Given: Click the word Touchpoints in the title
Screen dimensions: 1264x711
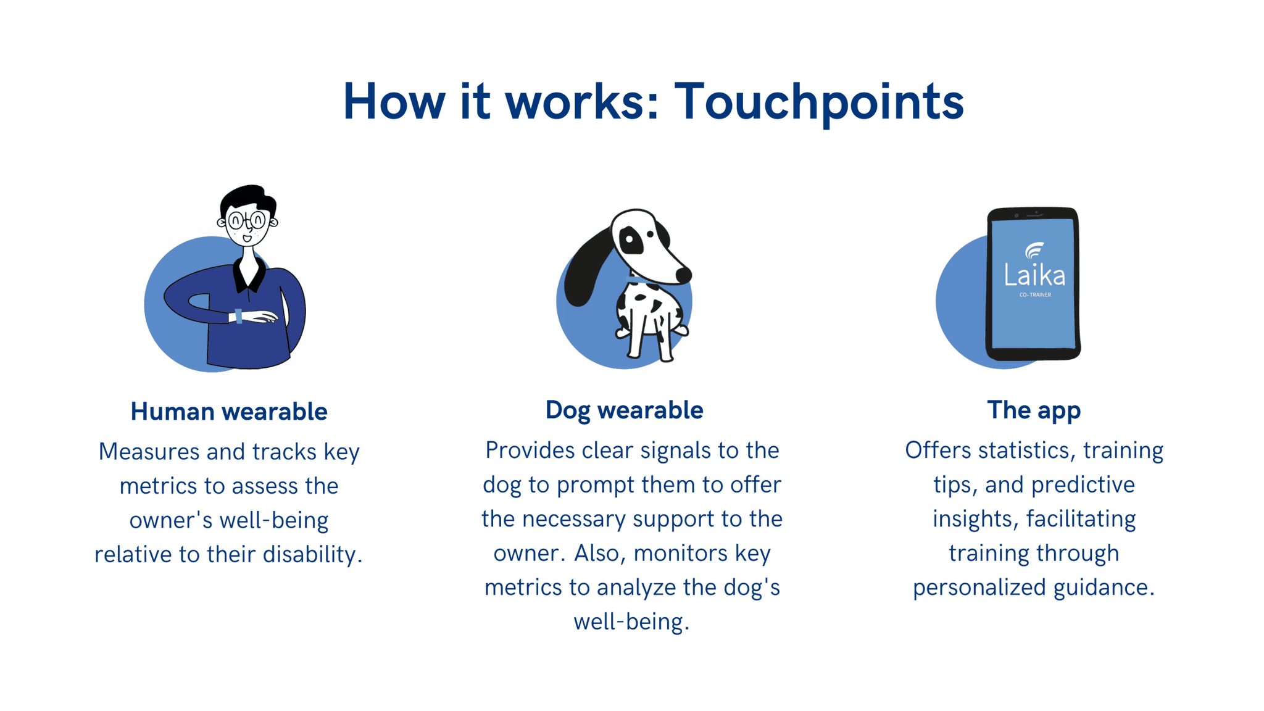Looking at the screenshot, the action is click(x=818, y=102).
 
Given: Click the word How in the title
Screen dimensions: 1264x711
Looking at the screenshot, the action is click(x=394, y=101).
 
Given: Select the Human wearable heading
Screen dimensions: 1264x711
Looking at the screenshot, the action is click(x=228, y=412).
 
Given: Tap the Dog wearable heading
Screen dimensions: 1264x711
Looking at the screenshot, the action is click(x=624, y=410).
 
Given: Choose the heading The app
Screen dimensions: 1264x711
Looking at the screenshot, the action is click(x=1034, y=410).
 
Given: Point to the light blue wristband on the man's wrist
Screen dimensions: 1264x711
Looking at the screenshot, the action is click(x=239, y=316).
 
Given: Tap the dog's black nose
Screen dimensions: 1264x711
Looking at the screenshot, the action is click(x=683, y=276).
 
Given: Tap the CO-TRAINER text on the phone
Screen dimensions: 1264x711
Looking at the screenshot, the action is click(x=1035, y=295).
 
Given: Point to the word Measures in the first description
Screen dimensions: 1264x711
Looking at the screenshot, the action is click(x=149, y=451).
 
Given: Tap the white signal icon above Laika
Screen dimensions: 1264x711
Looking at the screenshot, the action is click(x=1034, y=251).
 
